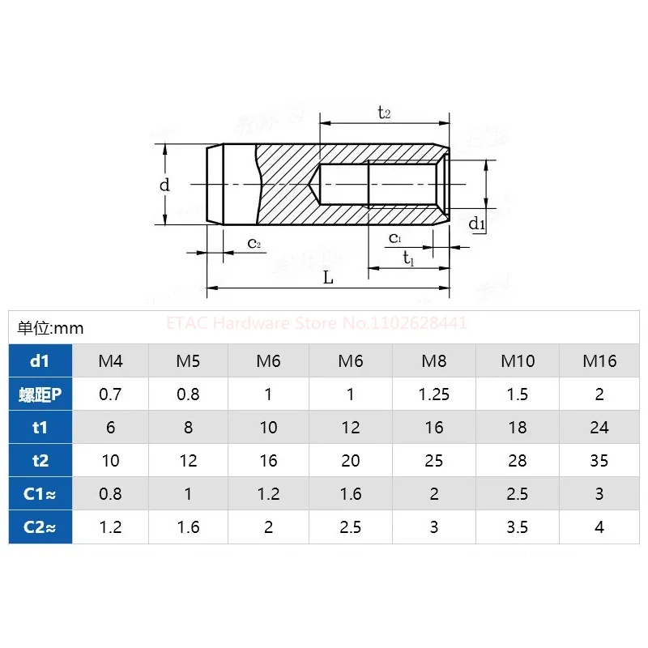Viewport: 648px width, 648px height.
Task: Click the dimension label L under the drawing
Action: (328, 277)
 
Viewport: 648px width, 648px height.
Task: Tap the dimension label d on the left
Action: (164, 185)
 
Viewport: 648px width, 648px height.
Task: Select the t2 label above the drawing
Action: (384, 113)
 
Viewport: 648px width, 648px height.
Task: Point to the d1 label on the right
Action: (477, 224)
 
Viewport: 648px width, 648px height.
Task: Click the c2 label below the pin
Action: (254, 243)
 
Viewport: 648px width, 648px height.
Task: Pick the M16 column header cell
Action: (599, 360)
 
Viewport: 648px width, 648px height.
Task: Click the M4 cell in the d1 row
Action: (111, 360)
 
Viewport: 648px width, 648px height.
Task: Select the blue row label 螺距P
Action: (40, 394)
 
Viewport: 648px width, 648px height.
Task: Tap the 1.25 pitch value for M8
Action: (433, 394)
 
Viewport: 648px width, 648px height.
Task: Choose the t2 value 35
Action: (599, 461)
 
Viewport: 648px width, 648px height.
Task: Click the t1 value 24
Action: (599, 428)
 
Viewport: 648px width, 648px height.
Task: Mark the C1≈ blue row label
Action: (40, 494)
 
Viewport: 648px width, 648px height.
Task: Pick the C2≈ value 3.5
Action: (518, 527)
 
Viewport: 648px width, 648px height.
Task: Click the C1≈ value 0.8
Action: (111, 494)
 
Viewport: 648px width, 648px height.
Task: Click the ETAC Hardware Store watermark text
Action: (316, 323)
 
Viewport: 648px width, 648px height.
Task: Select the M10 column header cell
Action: (518, 360)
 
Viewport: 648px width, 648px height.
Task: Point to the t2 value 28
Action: (518, 461)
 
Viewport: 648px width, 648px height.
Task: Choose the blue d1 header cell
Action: (40, 360)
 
